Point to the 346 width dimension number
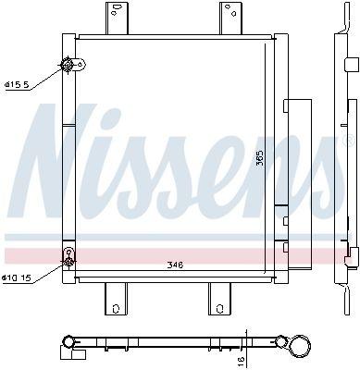[x=175, y=265]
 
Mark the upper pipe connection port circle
[x=67, y=65]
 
